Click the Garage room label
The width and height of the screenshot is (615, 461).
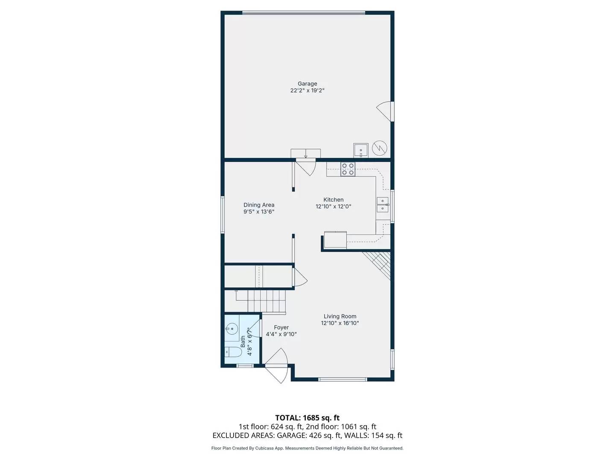point(307,84)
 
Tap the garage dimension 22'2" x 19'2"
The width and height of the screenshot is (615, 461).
point(307,90)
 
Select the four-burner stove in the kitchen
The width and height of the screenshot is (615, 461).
point(348,169)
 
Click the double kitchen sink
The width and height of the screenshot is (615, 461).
point(382,205)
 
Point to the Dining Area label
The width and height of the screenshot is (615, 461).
point(259,205)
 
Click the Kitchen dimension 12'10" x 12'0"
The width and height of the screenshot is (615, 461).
point(333,207)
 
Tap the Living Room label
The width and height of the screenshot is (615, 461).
point(340,316)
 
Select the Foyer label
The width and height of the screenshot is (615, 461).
point(281,327)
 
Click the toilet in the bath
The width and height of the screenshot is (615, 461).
point(233,352)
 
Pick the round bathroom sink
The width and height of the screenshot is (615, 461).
point(231,329)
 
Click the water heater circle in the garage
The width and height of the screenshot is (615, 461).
point(379,148)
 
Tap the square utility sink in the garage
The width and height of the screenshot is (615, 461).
point(360,150)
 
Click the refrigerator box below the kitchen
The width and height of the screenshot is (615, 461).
point(335,239)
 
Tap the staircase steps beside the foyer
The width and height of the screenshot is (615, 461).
point(261,301)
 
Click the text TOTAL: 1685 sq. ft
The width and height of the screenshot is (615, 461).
point(307,418)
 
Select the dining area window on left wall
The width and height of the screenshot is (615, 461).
point(223,214)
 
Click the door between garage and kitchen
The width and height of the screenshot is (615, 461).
point(306,166)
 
